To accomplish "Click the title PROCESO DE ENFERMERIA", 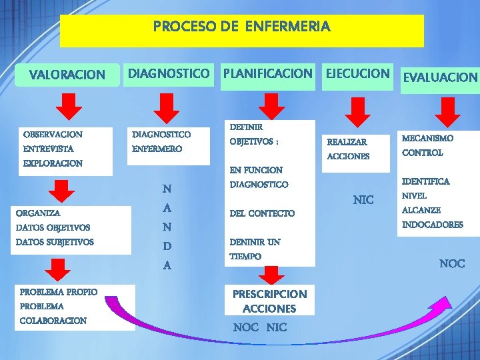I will coord(241,27).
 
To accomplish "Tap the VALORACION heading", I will coord(67,75).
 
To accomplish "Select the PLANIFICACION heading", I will coord(267,73).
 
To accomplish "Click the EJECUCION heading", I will coord(357,73).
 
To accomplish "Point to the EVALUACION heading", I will coord(439,77).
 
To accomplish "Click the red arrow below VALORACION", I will coord(68,108).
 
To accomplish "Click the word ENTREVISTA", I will coord(48,149).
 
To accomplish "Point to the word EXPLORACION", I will coord(53,163).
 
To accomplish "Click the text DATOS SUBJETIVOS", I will coord(55,242).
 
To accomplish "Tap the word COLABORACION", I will coord(53,321).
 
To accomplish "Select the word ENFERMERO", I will coord(157,149).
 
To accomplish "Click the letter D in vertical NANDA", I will coord(167,247).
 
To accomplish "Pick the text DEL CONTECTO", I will coord(261,213).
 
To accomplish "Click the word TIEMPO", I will coord(245,257).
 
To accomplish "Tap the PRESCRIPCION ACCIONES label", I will coord(269,301).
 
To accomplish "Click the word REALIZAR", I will coord(347,142).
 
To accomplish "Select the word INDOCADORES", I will coord(432,225).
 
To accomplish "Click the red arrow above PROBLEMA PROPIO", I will coord(61,269).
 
